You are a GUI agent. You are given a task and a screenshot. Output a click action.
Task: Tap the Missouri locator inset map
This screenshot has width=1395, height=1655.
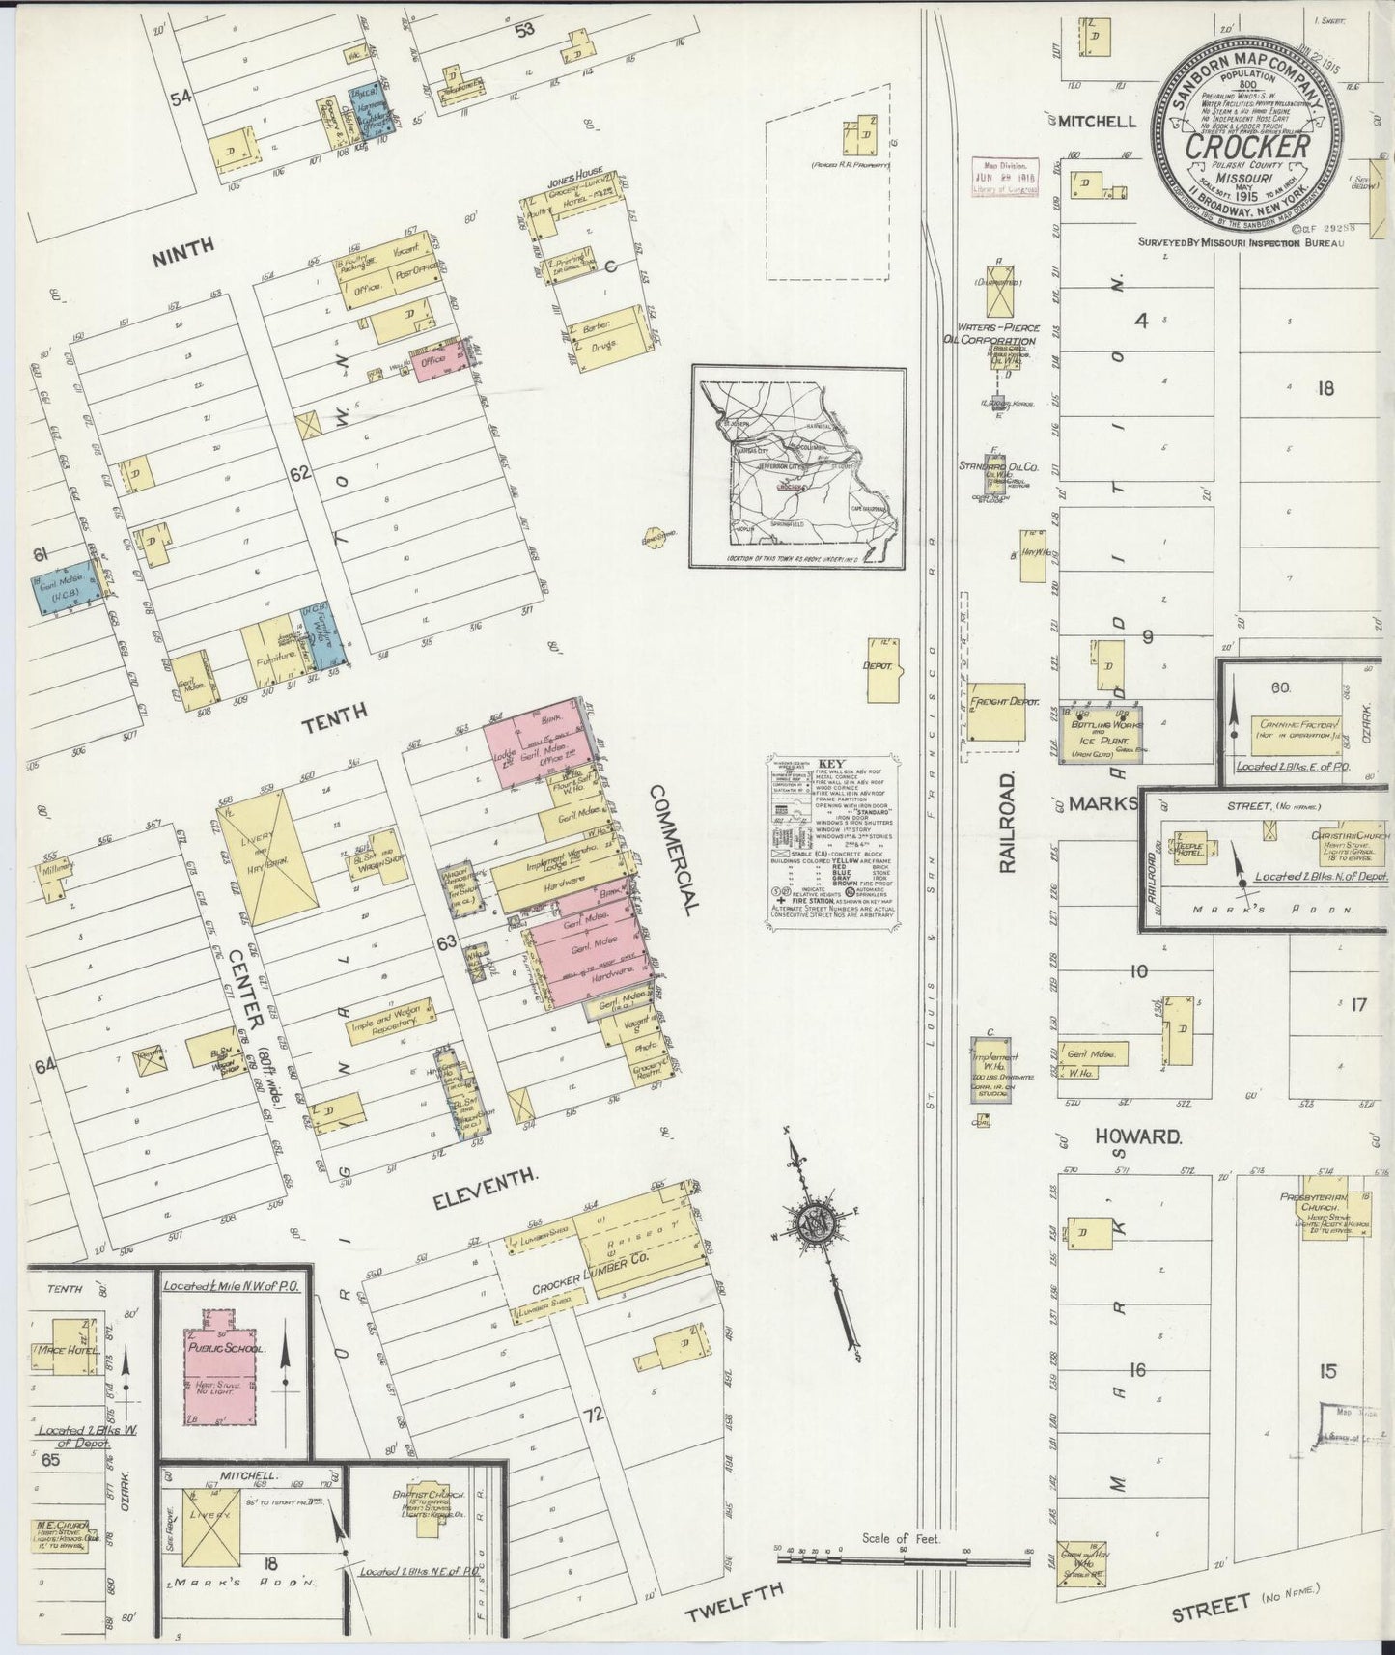tap(797, 467)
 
